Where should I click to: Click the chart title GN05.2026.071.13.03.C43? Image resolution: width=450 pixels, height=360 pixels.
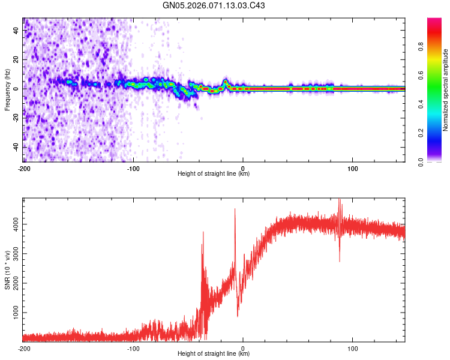[214, 5]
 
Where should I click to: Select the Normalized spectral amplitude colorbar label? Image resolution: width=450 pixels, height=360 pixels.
[446, 90]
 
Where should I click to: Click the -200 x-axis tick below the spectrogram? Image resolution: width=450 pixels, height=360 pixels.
[23, 169]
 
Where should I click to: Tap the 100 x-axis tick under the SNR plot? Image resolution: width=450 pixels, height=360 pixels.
[353, 349]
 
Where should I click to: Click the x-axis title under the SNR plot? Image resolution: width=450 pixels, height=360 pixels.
[214, 355]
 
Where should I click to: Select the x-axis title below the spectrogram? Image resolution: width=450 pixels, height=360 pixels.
[214, 174]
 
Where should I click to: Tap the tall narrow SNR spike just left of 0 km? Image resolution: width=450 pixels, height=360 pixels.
[235, 210]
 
